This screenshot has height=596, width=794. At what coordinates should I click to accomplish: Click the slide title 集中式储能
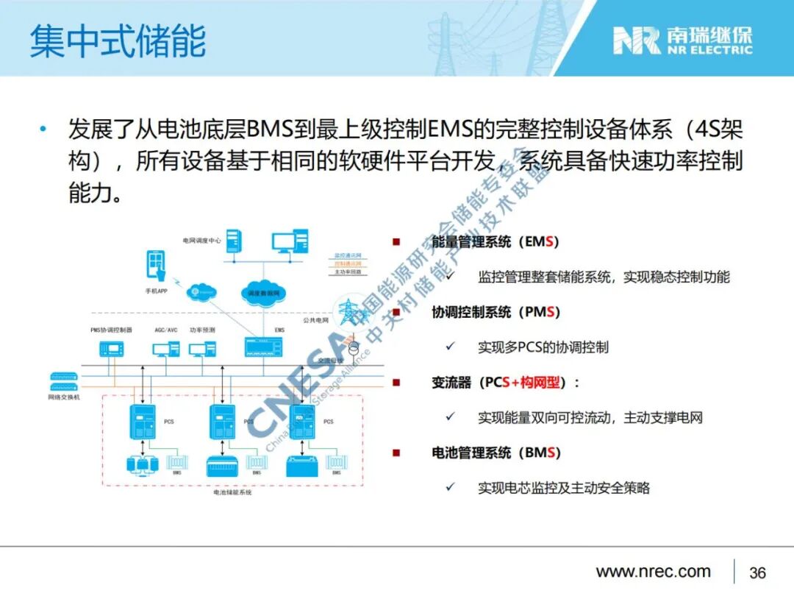point(118,40)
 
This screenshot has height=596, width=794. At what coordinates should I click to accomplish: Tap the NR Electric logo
point(683,40)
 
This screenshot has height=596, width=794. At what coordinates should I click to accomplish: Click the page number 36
point(757,572)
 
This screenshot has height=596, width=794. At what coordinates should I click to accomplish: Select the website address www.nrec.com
point(653,572)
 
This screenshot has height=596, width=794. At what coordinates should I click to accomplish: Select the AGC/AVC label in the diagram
point(166,330)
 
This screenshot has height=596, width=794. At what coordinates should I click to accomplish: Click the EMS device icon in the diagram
point(271,348)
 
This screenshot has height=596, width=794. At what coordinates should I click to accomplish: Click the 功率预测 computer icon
point(201,348)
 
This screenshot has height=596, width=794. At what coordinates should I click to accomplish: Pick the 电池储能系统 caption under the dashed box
point(232,492)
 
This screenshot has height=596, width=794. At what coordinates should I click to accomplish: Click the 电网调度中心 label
point(202,241)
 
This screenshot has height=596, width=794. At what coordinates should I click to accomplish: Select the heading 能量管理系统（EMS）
point(496,242)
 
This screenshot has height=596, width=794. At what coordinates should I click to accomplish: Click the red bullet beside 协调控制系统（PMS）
point(396,312)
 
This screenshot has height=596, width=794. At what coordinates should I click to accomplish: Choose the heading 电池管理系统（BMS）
point(496,453)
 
